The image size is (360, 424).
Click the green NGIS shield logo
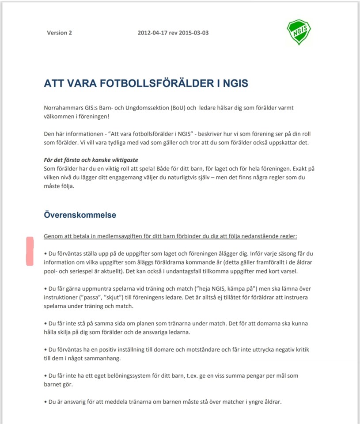(x=299, y=32)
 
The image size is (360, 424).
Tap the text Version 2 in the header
(x=59, y=33)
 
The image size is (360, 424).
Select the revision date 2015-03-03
(x=194, y=33)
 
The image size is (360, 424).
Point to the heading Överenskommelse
(x=80, y=215)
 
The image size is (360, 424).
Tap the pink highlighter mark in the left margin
(x=30, y=251)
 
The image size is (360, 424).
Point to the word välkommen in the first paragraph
(x=59, y=116)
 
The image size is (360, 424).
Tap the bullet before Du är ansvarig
(x=45, y=402)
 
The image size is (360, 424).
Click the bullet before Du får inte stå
(x=45, y=324)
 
